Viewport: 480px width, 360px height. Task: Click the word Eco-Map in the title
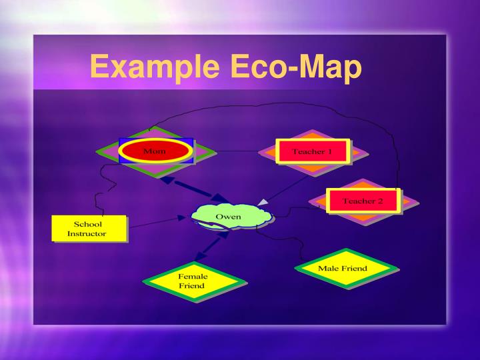tap(296, 68)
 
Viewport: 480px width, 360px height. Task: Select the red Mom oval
tap(155, 151)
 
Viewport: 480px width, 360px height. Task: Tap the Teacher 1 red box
tap(312, 151)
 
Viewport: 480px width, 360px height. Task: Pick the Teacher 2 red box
tap(362, 201)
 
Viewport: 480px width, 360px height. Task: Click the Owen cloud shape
tap(229, 217)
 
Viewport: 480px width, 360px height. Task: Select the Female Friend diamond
tap(192, 281)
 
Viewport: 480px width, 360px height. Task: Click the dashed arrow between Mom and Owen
tap(194, 189)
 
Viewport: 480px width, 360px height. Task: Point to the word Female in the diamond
tap(193, 275)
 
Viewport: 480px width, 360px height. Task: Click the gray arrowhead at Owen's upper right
tap(264, 201)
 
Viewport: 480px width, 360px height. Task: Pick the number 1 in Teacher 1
tap(329, 151)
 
